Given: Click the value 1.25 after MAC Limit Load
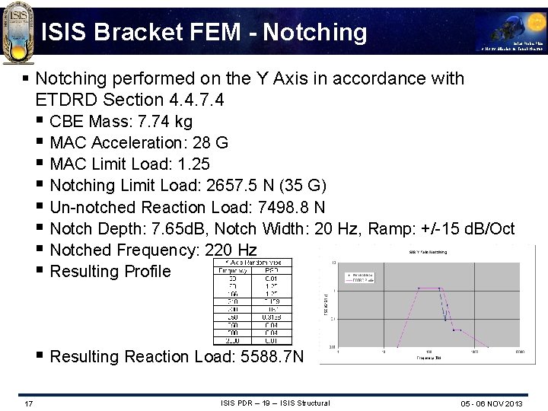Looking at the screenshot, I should coord(193,164).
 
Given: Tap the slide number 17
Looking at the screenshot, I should coord(28,403).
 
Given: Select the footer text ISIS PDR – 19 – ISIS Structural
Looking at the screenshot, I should coord(275,403).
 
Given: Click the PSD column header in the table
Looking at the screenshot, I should coord(271,269).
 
